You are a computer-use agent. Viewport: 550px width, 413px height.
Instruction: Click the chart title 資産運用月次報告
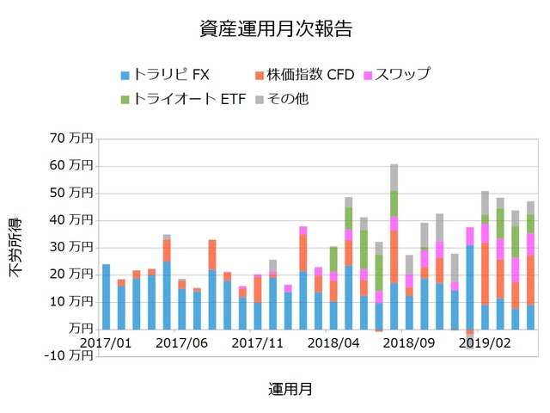point(275,28)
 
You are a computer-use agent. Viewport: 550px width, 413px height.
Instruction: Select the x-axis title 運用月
point(289,389)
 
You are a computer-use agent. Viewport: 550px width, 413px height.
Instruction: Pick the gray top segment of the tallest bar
point(394,177)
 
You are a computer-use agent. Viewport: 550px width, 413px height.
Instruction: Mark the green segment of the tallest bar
point(394,203)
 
